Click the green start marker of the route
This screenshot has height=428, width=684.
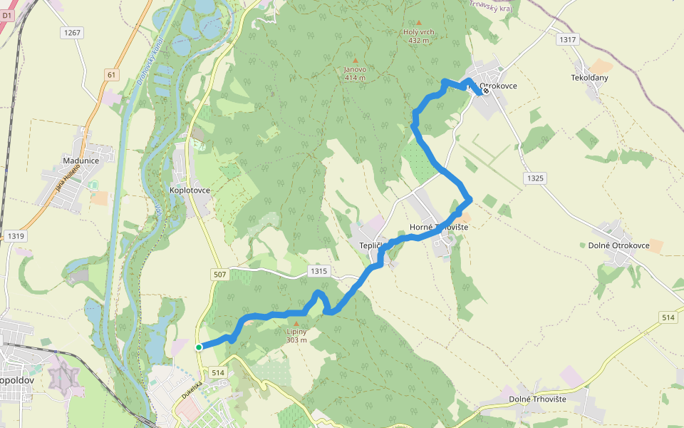coord(199,347)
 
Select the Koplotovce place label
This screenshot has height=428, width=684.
coord(190,190)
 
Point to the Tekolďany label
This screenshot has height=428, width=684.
coord(589,77)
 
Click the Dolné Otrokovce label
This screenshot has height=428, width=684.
coord(618,245)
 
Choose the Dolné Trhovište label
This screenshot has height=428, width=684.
coord(538,399)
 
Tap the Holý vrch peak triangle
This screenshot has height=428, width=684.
coord(418,23)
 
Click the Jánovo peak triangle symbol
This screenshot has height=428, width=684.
coord(355,60)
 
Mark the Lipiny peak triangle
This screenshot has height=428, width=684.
coord(296,323)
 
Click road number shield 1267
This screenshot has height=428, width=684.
coord(72,33)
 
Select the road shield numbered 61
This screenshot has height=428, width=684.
coord(110,74)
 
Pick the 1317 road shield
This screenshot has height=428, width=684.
coord(568,40)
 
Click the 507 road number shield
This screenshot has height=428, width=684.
coord(219,275)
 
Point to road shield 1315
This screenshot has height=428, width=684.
coord(318,271)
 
